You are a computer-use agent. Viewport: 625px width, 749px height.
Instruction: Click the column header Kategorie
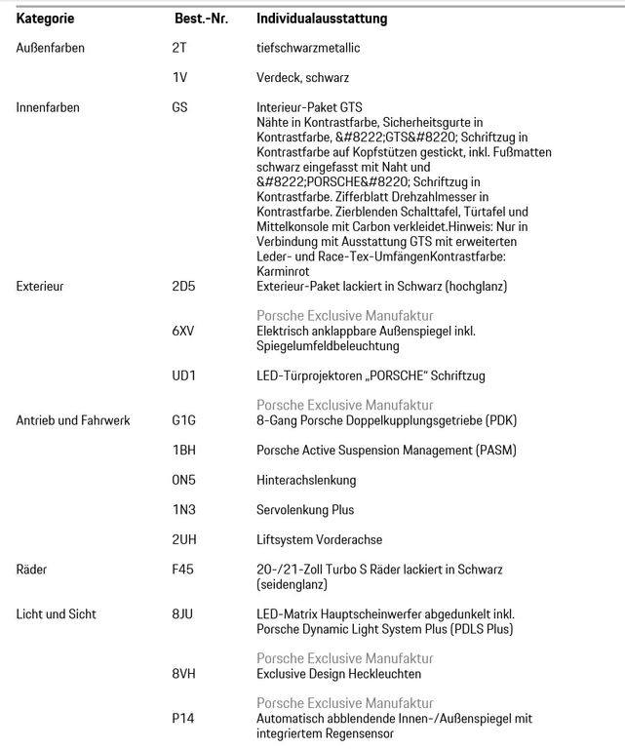coord(46,18)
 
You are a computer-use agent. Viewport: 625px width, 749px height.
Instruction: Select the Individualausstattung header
coord(321,18)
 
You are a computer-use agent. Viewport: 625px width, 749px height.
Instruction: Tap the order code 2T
coord(178,47)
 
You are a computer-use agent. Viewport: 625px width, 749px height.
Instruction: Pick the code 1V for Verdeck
coord(178,76)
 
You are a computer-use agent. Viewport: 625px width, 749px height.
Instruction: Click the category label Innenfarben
coord(48,106)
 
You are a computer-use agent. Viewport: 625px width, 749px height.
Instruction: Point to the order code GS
coord(180,106)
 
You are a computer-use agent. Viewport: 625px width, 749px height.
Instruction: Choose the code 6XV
coord(183,331)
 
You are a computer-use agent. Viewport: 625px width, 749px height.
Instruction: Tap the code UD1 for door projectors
coord(183,375)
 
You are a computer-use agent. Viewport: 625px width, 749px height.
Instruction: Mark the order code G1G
coord(183,420)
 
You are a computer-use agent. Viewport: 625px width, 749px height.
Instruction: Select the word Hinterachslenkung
coord(305,480)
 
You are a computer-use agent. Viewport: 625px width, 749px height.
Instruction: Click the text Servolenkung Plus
coord(304,509)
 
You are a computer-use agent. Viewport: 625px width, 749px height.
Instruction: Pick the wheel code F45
coord(183,569)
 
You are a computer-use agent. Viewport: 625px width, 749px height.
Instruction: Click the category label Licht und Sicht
coord(56,613)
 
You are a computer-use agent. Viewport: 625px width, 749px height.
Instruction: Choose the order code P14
coord(182,718)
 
